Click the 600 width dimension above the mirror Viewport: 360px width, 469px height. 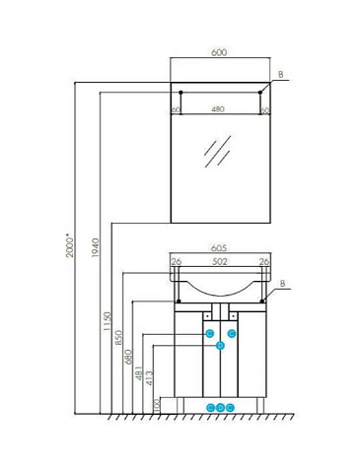[x=219, y=52]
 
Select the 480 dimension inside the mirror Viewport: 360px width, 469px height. [x=218, y=108]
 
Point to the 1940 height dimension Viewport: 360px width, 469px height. [x=96, y=247]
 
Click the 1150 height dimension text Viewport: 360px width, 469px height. [x=108, y=321]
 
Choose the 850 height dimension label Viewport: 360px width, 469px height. [x=118, y=338]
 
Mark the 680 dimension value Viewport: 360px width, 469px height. [x=128, y=357]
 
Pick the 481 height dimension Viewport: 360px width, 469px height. [x=139, y=373]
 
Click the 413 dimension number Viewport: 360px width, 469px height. [x=149, y=377]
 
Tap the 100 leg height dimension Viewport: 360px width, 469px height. [x=157, y=406]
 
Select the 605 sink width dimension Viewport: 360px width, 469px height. [x=219, y=248]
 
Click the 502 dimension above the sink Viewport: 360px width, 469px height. [x=220, y=261]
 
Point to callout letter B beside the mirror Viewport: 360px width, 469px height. [x=281, y=75]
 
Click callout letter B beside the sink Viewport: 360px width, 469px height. [x=282, y=283]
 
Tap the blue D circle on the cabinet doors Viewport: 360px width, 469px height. [x=220, y=345]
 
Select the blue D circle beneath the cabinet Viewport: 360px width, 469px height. [x=221, y=408]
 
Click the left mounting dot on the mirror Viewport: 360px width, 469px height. [x=180, y=93]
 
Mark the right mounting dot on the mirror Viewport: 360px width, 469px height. [x=260, y=93]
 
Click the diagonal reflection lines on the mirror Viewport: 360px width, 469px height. [x=217, y=152]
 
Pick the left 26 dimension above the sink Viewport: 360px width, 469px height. [x=177, y=262]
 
